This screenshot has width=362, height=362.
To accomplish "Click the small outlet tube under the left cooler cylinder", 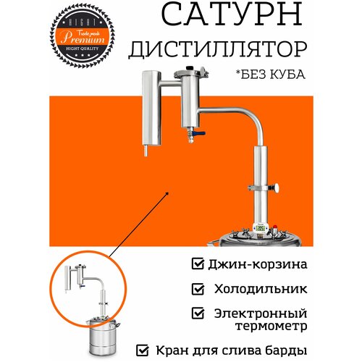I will coord(146,153).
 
